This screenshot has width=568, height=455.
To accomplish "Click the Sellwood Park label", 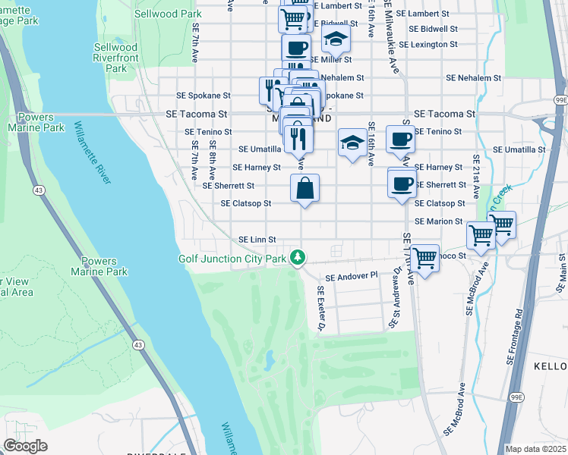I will pos(167,14).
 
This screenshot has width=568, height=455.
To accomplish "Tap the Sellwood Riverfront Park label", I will pos(115,58).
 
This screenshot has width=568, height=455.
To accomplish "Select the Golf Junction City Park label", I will pos(232,259).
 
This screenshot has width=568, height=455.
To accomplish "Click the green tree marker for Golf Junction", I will pos(300,259).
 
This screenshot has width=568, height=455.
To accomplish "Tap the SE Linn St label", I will pos(257,240).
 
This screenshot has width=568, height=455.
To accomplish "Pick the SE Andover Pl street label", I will pos(352,277).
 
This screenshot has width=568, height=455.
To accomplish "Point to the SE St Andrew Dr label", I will pos(395,297).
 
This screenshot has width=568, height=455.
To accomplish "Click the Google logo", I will pos(25,446).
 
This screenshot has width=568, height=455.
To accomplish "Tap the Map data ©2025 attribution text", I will pos(535,449).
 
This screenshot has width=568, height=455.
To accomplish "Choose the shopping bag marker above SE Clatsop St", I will pos(305,188).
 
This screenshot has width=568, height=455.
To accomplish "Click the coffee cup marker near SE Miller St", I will pos(296,49).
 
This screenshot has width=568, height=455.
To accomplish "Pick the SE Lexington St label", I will pos(433,45).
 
